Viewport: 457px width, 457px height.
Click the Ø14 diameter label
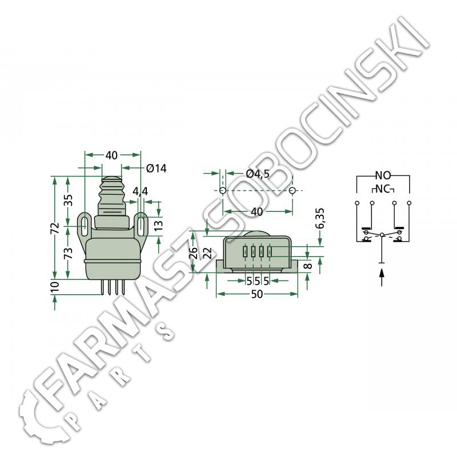point(156,168)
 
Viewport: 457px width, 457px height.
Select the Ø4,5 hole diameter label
point(258,174)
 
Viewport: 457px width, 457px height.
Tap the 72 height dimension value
point(56,228)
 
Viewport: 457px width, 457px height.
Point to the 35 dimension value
point(69,201)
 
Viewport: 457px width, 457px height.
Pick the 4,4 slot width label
point(140,191)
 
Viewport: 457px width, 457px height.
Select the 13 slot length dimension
point(158,226)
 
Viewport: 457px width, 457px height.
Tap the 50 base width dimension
point(256,294)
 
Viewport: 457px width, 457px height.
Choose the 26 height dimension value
point(194,253)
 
